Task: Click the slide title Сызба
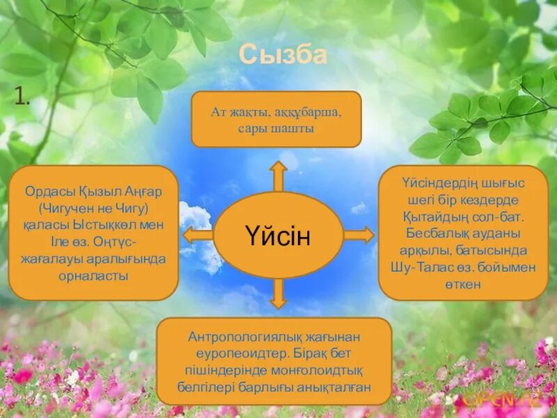tap(282, 54)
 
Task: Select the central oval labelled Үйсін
tap(278, 235)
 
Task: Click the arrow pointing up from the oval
tap(278, 176)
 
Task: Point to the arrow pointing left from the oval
tap(198, 235)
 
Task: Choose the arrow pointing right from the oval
tap(359, 235)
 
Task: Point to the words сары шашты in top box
tap(276, 128)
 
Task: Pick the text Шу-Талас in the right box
tap(431, 267)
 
